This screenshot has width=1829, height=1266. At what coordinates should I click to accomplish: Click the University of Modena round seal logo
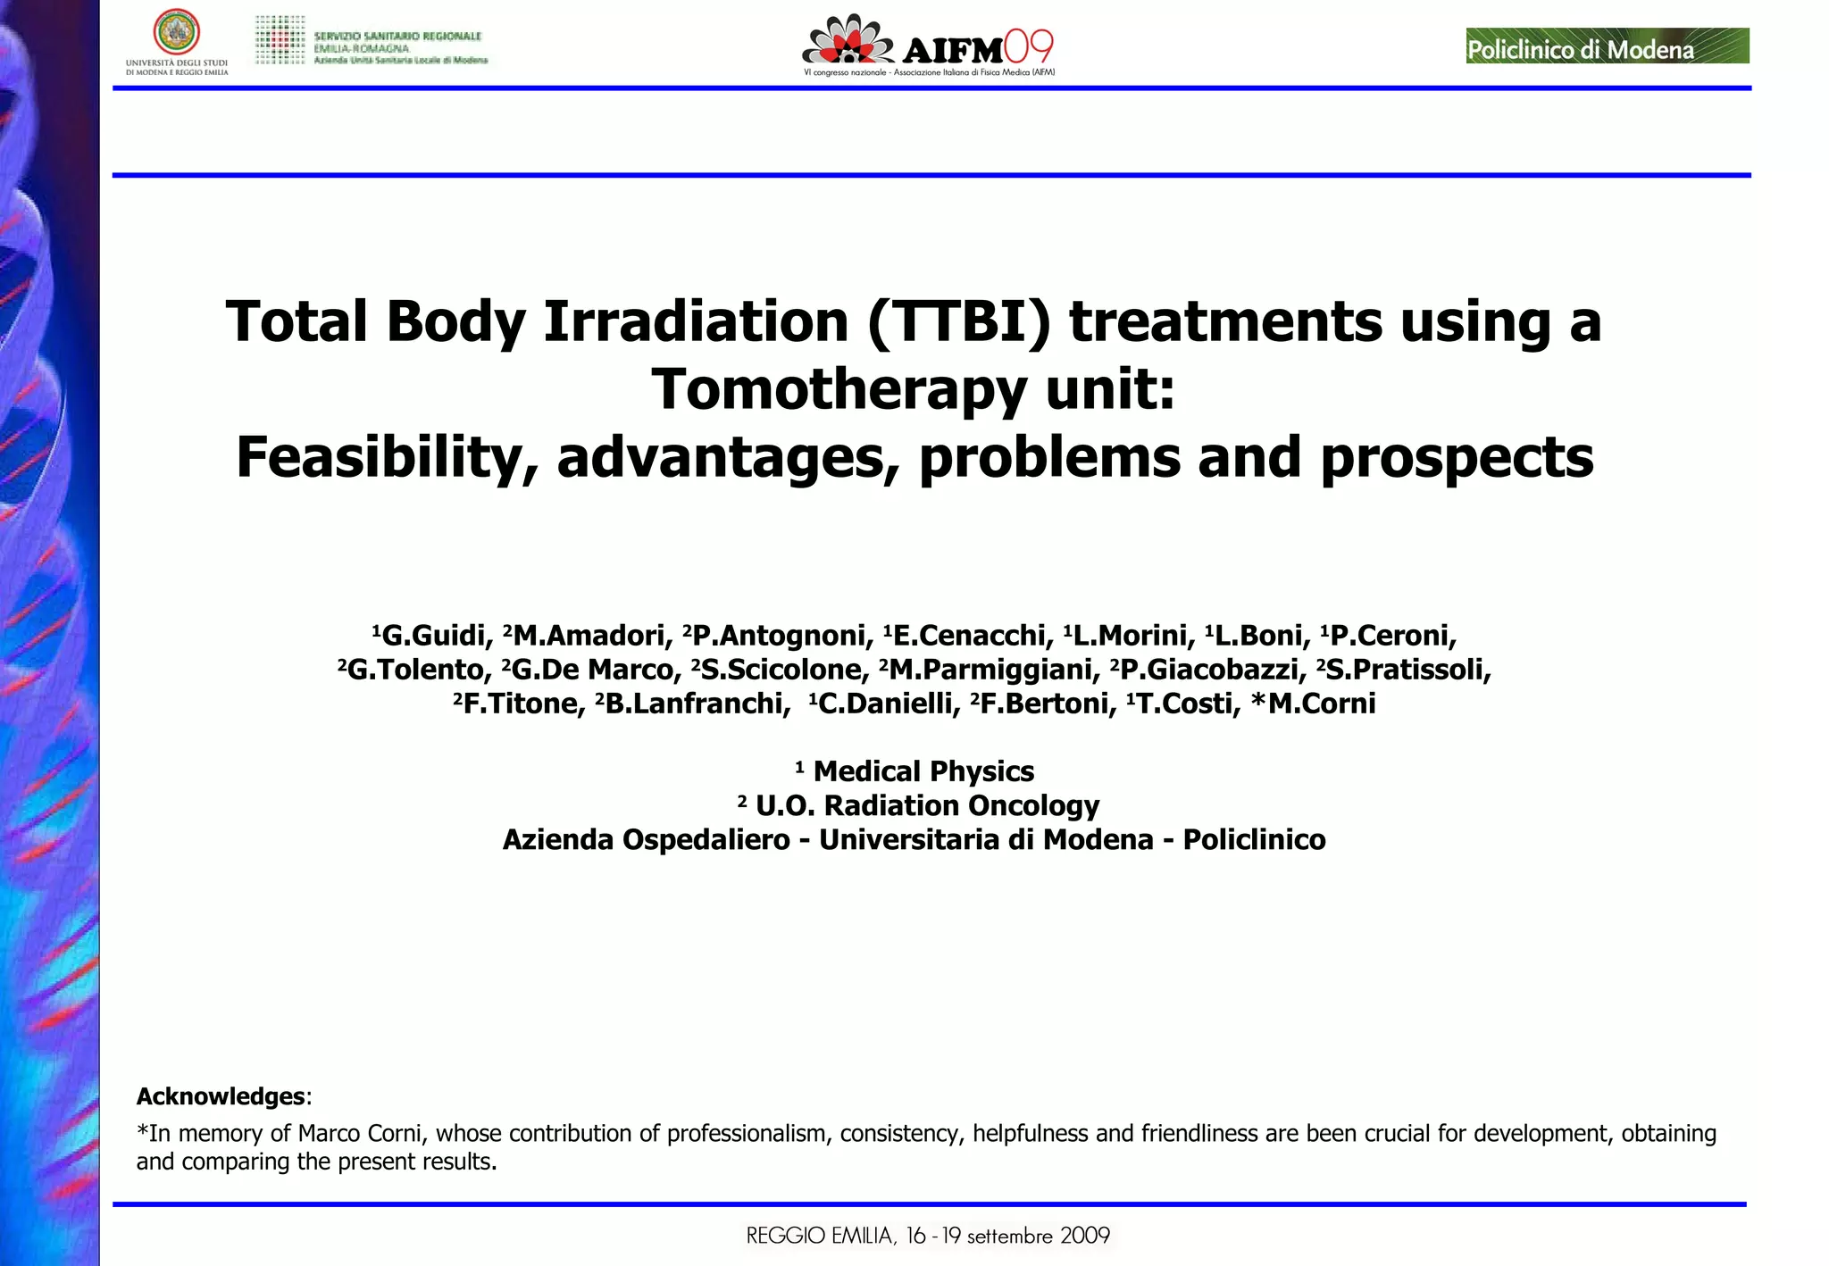pyautogui.click(x=176, y=32)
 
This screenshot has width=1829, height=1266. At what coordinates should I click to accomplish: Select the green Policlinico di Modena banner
pyautogui.click(x=1607, y=46)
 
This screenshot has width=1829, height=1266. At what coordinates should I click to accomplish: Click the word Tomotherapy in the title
pyautogui.click(x=839, y=390)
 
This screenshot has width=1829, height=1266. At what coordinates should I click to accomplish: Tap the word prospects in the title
pyautogui.click(x=1457, y=458)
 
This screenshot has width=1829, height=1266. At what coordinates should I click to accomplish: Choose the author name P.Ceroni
pyautogui.click(x=1393, y=636)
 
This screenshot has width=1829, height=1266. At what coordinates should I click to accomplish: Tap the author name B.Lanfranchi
pyautogui.click(x=697, y=704)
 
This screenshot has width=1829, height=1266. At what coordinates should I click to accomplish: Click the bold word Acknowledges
pyautogui.click(x=221, y=1096)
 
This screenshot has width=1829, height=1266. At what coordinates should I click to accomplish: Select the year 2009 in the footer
pyautogui.click(x=1084, y=1237)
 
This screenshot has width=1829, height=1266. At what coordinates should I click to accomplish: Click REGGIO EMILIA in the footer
pyautogui.click(x=820, y=1237)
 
